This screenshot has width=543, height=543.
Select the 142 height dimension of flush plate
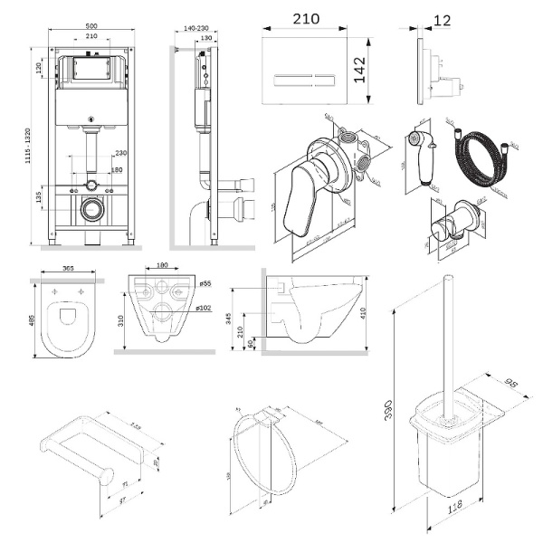(x=359, y=66)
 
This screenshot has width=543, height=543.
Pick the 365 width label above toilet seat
(x=62, y=268)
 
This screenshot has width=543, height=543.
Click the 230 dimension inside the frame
(x=119, y=153)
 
